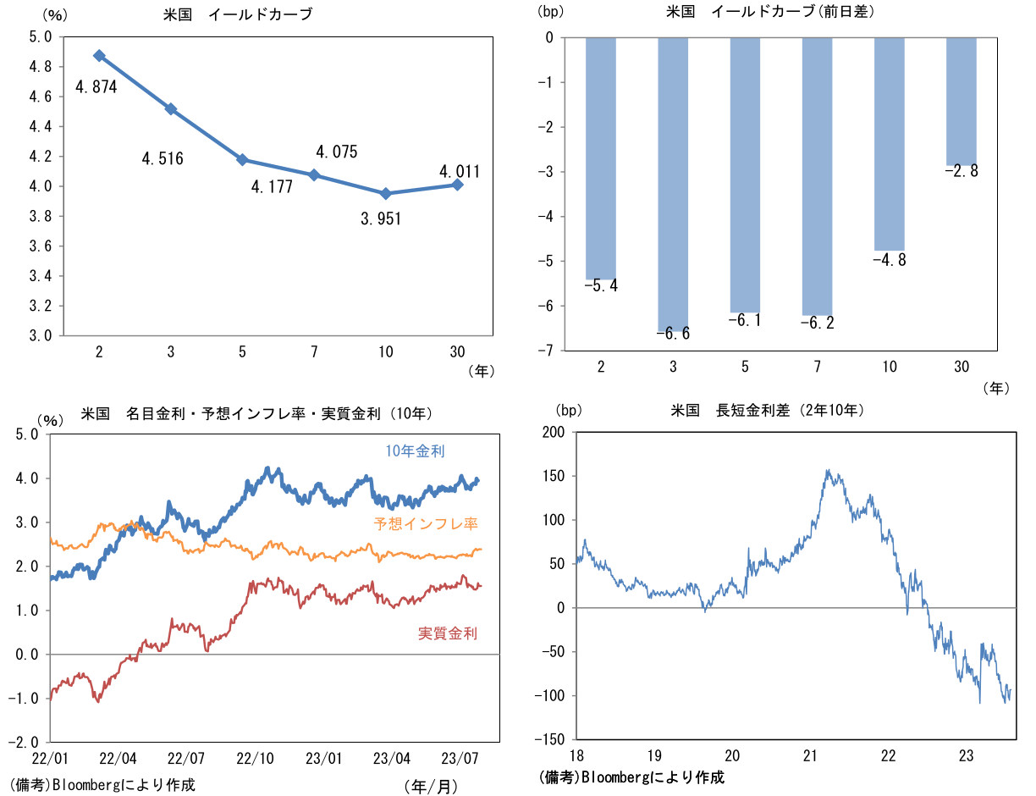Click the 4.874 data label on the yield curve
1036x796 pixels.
96,86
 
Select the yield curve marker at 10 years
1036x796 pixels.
386,194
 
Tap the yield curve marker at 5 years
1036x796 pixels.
242,159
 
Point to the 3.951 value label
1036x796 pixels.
380,219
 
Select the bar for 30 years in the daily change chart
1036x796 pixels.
961,102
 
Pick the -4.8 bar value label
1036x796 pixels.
889,260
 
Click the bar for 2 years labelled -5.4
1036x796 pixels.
601,158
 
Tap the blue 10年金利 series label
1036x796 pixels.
415,451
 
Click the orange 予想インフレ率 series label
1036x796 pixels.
426,524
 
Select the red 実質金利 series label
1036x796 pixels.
448,633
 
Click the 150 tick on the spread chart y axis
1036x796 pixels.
554,476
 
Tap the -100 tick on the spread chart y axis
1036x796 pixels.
550,696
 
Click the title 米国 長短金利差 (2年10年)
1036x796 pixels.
766,411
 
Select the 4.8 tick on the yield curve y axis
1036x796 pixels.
41,67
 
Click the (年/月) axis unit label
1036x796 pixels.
432,786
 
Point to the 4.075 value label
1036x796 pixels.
337,152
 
